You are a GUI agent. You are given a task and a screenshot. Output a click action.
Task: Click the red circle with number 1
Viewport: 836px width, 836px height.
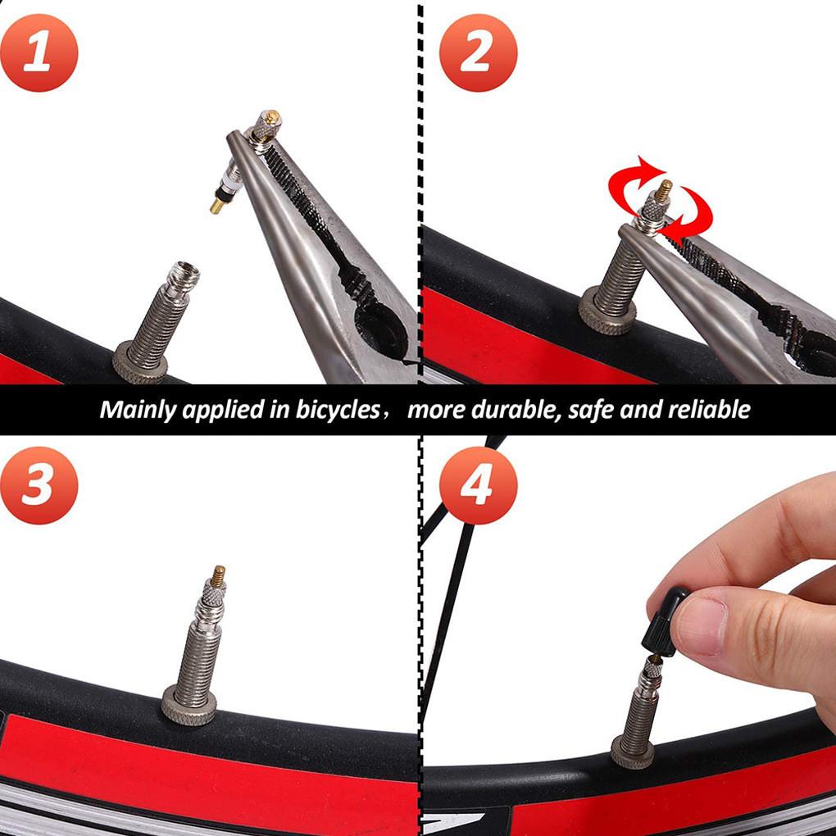[x=39, y=52]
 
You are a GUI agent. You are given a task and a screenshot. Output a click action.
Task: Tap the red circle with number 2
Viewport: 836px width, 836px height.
[x=477, y=52]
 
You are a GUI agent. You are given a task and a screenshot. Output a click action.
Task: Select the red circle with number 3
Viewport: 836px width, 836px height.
[x=39, y=485]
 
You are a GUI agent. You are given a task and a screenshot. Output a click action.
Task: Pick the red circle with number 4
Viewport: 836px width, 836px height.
[x=477, y=485]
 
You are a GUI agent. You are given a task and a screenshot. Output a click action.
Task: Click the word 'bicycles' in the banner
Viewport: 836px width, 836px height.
[x=336, y=409]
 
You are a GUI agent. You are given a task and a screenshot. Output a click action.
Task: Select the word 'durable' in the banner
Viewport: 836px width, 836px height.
[x=509, y=409]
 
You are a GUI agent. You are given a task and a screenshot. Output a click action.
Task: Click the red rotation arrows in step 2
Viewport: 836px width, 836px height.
[x=659, y=202]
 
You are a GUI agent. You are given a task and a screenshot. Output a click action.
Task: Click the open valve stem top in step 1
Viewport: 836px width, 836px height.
[x=182, y=271]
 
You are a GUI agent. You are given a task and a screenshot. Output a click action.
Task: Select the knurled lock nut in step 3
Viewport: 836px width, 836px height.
[x=189, y=704]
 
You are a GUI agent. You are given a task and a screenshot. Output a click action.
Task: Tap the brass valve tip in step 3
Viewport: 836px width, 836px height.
[x=219, y=575]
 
